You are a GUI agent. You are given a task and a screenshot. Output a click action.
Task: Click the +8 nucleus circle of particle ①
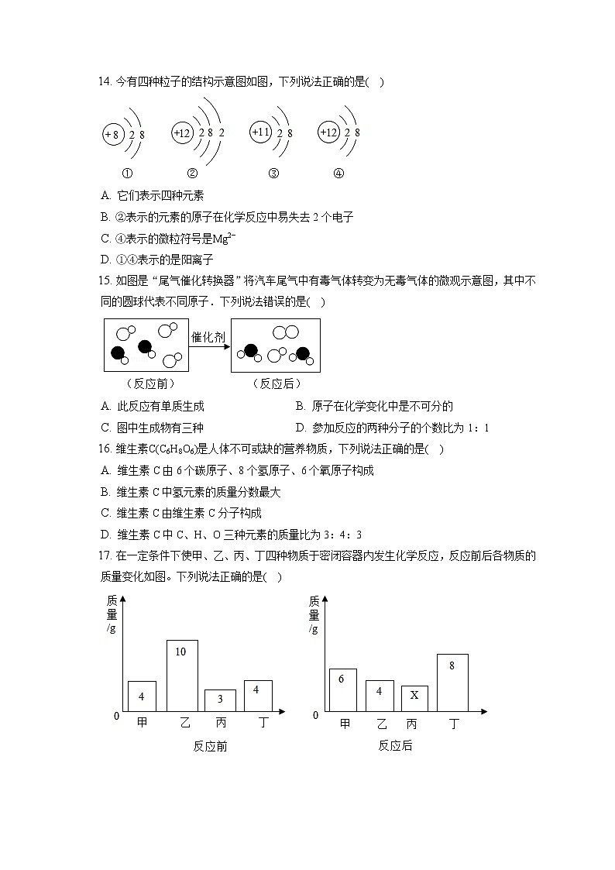pyautogui.click(x=112, y=135)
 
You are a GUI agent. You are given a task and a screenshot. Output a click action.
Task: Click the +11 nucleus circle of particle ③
pyautogui.click(x=261, y=133)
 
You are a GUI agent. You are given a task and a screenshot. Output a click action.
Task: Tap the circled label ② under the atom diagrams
pyautogui.click(x=193, y=174)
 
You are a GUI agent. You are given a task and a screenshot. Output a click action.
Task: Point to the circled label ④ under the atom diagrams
pyautogui.click(x=338, y=174)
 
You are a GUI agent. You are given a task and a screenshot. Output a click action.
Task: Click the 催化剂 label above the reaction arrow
pyautogui.click(x=208, y=337)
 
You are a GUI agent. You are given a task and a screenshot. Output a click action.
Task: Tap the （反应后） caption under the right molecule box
pyautogui.click(x=277, y=383)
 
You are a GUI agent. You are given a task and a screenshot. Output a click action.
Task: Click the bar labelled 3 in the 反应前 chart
pyautogui.click(x=220, y=700)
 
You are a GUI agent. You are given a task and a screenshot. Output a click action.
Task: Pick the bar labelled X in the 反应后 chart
pyautogui.click(x=414, y=698)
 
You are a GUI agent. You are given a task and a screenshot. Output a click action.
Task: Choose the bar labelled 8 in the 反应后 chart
pyautogui.click(x=452, y=683)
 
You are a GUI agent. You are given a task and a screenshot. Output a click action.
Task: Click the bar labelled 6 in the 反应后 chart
pyautogui.click(x=342, y=689)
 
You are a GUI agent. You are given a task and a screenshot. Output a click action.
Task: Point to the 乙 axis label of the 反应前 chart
pyautogui.click(x=184, y=723)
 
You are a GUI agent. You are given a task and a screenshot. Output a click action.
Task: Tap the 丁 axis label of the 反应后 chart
pyautogui.click(x=454, y=724)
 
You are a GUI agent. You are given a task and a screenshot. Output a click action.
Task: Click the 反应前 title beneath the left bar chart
pyautogui.click(x=210, y=746)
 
